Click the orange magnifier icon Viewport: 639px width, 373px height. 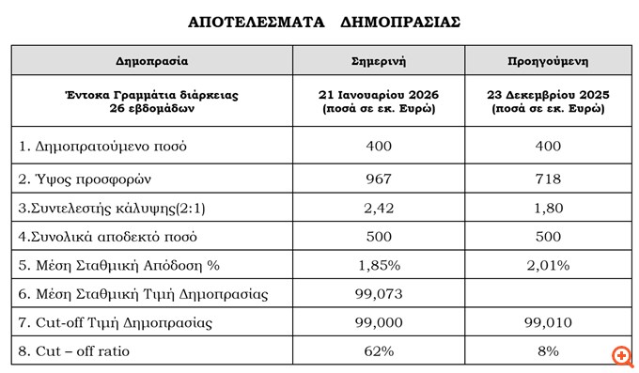620,356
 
